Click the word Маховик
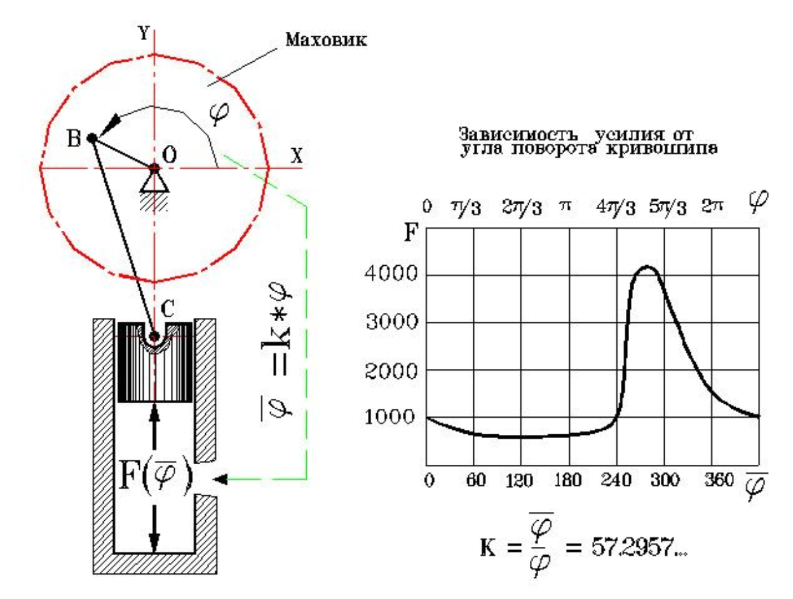tap(326, 39)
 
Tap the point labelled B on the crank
tap(91, 138)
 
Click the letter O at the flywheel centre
tap(169, 155)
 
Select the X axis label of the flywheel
tap(297, 156)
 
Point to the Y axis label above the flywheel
tap(144, 33)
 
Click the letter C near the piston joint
tap(168, 310)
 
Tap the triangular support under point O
tap(154, 182)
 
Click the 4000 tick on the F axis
tap(391, 273)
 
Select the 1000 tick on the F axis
tap(391, 417)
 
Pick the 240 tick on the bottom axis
tap(616, 480)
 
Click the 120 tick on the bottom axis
tap(519, 481)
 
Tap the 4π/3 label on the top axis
tap(616, 207)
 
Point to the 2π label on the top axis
tap(712, 206)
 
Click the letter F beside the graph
tap(411, 233)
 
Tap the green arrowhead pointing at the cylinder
tap(220, 479)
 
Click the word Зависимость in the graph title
tap(518, 134)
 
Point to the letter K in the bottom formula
tap(488, 547)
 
